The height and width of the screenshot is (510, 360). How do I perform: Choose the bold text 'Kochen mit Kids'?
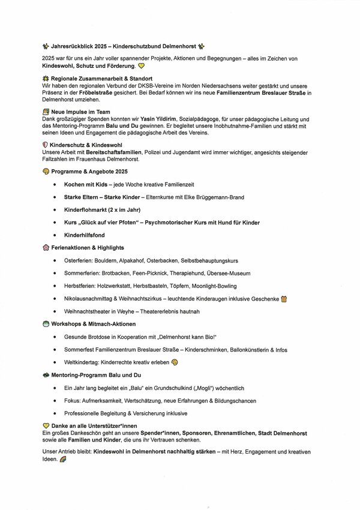click(86, 185)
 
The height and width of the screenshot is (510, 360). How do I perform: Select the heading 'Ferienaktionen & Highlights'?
click(91, 247)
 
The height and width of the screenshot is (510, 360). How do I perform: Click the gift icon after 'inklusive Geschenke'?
click(284, 299)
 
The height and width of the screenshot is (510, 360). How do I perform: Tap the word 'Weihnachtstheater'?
click(88, 311)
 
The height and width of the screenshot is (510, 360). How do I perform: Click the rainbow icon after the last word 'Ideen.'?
click(64, 459)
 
